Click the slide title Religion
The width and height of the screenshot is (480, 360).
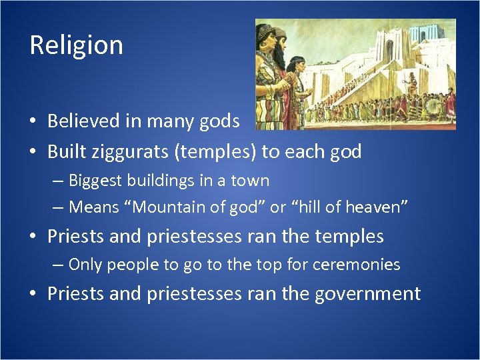pyautogui.click(x=76, y=45)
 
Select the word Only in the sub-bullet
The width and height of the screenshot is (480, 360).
pyautogui.click(x=85, y=265)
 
